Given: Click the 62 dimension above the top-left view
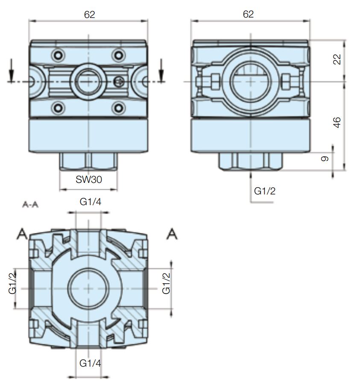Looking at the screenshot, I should tap(89, 15).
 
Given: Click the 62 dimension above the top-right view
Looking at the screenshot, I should tap(248, 15).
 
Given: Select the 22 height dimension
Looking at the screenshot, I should tap(337, 59).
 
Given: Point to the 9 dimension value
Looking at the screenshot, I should tap(325, 159).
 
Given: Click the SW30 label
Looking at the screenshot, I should tap(88, 179).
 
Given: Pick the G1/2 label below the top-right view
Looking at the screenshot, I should tap(265, 191).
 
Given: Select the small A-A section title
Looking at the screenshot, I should tap(30, 205).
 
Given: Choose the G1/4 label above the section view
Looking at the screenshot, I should tap(91, 202).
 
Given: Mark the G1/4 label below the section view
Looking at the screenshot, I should tap(91, 363).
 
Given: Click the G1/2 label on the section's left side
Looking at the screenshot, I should tap(12, 283).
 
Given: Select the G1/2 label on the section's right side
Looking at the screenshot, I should tap(166, 283).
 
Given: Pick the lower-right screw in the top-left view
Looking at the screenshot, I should tap(118, 106).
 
